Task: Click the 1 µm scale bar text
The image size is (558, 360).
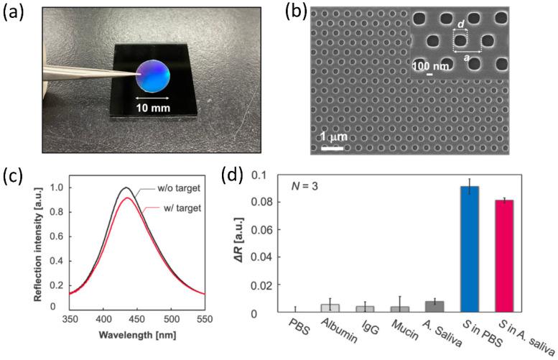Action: click(331, 137)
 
